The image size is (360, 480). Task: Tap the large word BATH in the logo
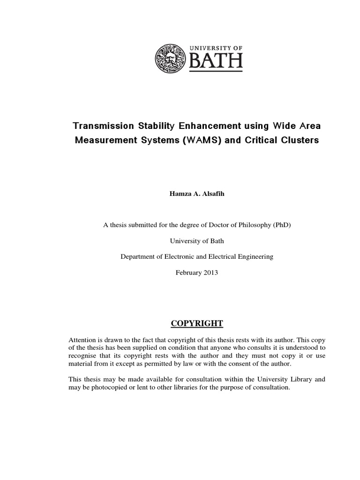pos(216,61)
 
